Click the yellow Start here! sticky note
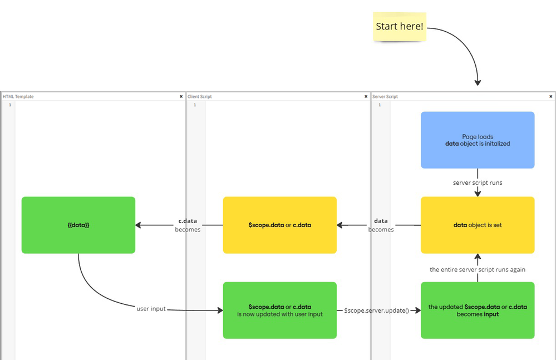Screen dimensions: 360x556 tap(400, 27)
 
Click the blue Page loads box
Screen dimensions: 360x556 tap(478, 140)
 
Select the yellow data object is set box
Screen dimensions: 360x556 tap(478, 225)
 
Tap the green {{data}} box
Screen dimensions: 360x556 tap(78, 225)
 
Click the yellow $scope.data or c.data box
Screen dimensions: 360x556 tap(280, 225)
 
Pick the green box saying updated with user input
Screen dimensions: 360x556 tap(280, 310)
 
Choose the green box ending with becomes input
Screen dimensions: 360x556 tap(478, 310)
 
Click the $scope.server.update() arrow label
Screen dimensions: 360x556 tap(376, 310)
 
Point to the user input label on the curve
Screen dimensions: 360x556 tap(151, 308)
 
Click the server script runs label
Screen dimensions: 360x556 tap(478, 182)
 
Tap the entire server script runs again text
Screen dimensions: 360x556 tap(478, 269)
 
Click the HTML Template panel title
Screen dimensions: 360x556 tap(18, 97)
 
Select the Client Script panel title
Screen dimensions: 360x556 tap(200, 97)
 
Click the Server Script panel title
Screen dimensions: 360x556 tap(385, 97)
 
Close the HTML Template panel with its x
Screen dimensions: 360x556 tap(181, 97)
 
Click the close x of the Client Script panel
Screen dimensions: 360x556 tap(366, 97)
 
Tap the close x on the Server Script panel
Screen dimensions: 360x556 tap(550, 97)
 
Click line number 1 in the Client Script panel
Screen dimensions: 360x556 tap(195, 105)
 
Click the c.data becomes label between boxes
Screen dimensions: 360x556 tap(188, 225)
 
